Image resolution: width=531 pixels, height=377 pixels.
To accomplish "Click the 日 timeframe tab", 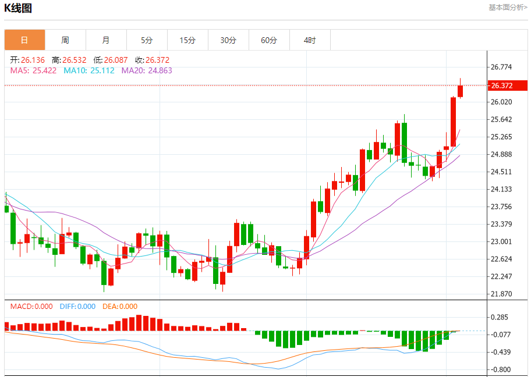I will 24,40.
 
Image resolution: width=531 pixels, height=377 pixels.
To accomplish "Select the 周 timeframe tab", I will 65,40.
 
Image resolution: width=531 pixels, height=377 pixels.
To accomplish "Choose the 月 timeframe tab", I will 106,40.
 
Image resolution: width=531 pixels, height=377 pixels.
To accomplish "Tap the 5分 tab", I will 147,40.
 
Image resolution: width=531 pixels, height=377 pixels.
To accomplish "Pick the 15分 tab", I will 187,40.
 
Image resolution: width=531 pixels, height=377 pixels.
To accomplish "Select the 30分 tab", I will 228,40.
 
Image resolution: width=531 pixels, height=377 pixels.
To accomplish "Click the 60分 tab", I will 269,40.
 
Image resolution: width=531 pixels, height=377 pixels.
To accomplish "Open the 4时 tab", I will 310,40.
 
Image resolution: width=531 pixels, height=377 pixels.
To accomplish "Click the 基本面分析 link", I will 508,8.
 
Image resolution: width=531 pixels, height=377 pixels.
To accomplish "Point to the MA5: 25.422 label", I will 33,70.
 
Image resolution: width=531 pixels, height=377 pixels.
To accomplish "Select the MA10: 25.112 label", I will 89,70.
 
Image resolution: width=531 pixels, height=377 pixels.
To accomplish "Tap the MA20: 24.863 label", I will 147,70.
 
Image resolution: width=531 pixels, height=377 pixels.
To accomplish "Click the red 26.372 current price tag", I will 508,86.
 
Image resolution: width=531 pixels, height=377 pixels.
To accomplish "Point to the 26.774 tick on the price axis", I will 502,67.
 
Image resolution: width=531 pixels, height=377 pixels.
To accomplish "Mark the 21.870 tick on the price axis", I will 502,294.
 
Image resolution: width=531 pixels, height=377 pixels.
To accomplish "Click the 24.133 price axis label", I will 502,189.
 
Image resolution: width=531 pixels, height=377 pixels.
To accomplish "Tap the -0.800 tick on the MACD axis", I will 501,369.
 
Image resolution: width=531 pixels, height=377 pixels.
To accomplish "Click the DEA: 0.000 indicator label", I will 120,307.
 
